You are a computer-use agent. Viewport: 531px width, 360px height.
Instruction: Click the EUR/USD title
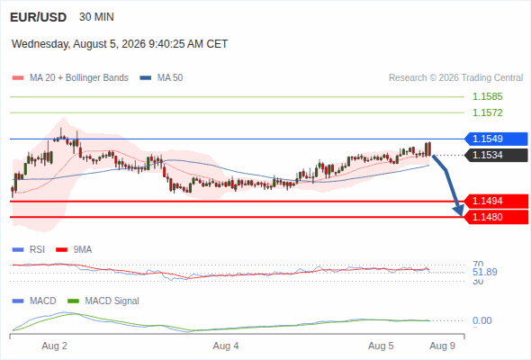tap(39, 17)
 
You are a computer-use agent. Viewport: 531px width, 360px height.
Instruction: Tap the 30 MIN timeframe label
tap(96, 17)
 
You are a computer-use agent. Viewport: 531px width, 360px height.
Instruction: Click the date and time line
tap(120, 44)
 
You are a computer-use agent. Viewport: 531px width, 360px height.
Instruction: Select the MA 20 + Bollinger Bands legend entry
tap(70, 78)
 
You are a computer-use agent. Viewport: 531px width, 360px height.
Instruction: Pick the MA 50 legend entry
tap(161, 78)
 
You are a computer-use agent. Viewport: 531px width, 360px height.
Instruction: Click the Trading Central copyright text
tap(455, 78)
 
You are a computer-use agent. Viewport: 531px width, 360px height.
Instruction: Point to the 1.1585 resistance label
tap(487, 97)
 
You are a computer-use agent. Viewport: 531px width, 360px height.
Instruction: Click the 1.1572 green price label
tap(487, 112)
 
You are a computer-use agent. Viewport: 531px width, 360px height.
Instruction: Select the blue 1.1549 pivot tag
tap(496, 139)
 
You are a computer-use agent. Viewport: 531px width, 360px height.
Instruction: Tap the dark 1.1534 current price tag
tap(496, 155)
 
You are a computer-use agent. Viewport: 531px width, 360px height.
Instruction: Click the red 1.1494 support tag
tap(496, 202)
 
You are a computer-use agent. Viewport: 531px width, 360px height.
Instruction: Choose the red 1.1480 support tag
tap(496, 217)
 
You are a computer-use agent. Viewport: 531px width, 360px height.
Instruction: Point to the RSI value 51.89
tap(484, 272)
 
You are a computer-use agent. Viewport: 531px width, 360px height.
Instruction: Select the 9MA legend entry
tap(74, 250)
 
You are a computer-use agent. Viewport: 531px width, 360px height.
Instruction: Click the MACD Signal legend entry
tap(103, 301)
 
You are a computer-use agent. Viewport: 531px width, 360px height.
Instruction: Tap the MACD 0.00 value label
tap(481, 320)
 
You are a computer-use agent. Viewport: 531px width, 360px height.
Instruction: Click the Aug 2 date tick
tap(55, 346)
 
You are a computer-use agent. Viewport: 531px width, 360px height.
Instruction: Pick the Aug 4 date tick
tap(226, 346)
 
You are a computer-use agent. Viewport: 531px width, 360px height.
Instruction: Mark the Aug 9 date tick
tap(442, 346)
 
